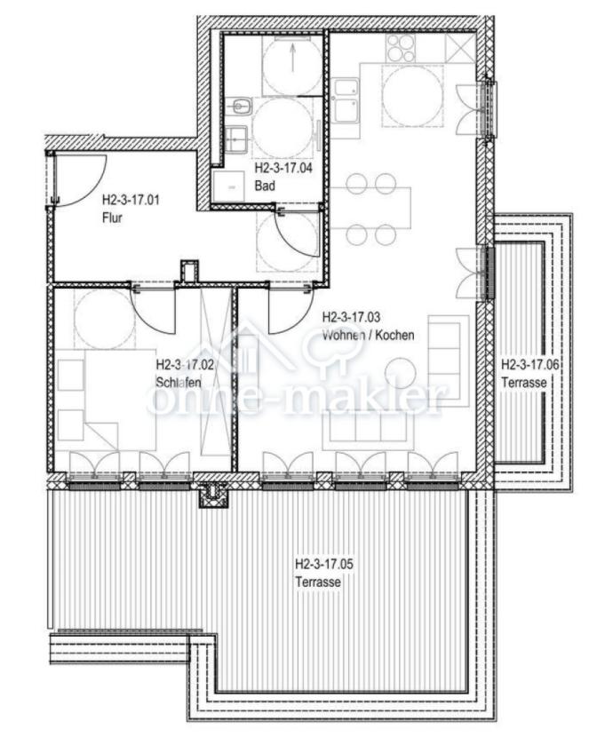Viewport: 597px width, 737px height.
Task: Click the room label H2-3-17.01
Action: (x=131, y=200)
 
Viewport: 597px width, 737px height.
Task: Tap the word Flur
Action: (x=112, y=218)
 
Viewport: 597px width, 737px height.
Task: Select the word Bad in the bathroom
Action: (x=265, y=186)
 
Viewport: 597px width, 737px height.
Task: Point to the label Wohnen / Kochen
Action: (x=368, y=335)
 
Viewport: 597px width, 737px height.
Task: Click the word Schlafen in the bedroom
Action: (x=179, y=382)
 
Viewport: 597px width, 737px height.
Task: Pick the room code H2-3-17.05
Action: (x=324, y=564)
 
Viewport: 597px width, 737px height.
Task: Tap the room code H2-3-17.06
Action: (x=529, y=365)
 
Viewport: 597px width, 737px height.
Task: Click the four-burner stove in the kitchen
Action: (x=401, y=48)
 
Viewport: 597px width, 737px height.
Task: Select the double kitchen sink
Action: (x=346, y=101)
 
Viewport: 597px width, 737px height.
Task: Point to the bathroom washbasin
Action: (x=235, y=139)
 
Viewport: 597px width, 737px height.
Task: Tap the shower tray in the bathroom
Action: (x=228, y=186)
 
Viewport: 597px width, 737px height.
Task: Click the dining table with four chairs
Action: (x=370, y=208)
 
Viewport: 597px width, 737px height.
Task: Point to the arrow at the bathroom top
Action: (x=292, y=54)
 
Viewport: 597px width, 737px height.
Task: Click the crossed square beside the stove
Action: (x=458, y=48)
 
